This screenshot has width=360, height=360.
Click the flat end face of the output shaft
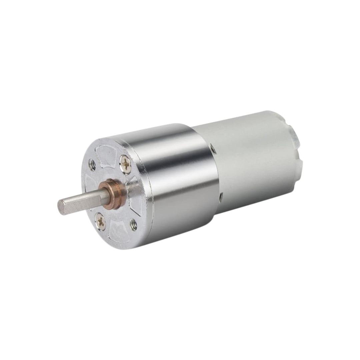[x=62, y=207]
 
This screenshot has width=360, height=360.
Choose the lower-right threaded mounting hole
[x=133, y=225]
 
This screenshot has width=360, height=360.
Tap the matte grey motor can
[x=253, y=160]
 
